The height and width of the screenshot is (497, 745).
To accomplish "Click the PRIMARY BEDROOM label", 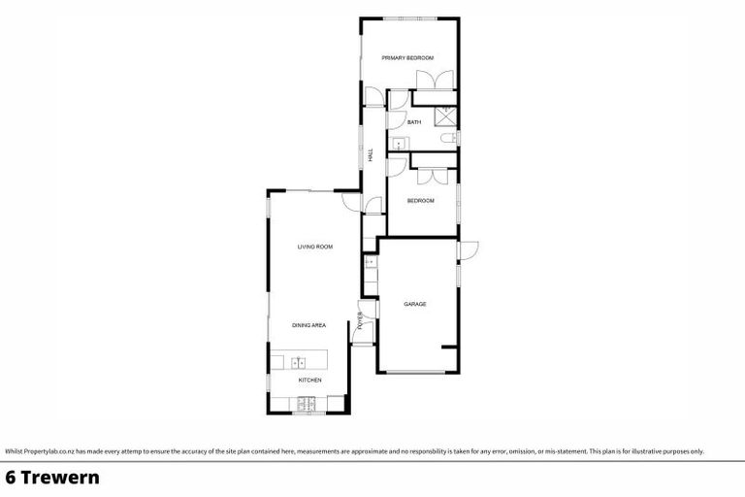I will [406, 58].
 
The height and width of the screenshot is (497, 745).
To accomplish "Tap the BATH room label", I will [414, 122].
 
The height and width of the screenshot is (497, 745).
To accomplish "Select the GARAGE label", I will [415, 304].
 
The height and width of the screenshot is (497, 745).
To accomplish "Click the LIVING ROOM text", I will [315, 248].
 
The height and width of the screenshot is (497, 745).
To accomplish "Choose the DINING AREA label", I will [309, 325].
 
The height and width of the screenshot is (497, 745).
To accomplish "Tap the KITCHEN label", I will [309, 380].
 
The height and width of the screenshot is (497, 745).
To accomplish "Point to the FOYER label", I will [360, 320].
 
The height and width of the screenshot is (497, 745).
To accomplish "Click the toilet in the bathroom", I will [449, 141].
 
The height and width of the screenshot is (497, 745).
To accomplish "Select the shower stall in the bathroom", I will [448, 116].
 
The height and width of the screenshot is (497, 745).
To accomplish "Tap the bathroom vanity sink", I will [397, 143].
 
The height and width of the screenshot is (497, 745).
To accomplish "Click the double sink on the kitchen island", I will [299, 362].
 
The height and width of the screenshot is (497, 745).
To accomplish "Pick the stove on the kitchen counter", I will [308, 403].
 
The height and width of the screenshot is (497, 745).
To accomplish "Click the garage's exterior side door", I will [467, 249].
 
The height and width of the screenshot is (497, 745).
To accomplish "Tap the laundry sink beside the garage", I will [369, 261].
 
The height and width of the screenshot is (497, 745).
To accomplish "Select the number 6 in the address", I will [11, 478].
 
